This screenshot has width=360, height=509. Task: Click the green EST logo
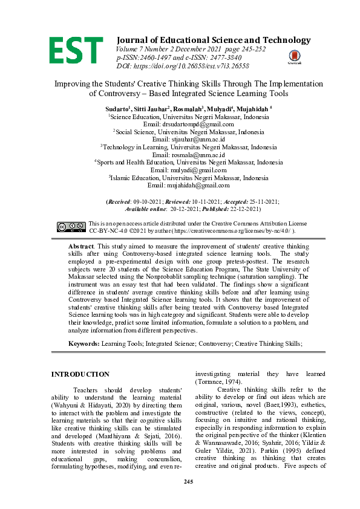[x=76, y=50]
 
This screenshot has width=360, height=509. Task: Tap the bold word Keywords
[x=83, y=343]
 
